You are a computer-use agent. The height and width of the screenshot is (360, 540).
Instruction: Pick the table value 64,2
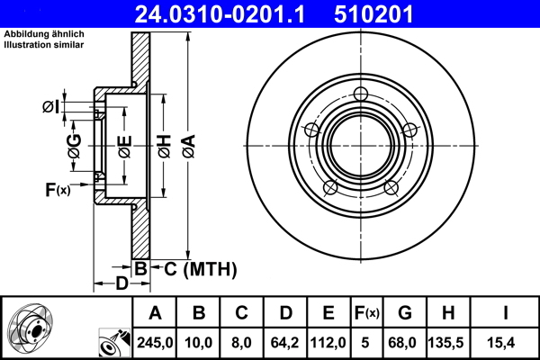[285, 342]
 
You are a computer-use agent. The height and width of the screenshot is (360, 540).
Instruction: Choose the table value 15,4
[506, 342]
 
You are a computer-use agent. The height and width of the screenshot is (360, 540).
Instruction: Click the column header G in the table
[405, 313]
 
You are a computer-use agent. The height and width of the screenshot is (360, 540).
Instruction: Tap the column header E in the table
[329, 313]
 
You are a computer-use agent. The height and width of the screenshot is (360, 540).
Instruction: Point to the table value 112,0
[329, 342]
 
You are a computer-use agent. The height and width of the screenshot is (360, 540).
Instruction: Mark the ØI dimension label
[51, 108]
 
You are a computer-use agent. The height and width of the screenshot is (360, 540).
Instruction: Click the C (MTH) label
[194, 268]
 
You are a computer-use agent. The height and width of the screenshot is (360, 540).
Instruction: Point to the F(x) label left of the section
[57, 189]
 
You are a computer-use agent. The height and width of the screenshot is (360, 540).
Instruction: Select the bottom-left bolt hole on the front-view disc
[330, 187]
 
